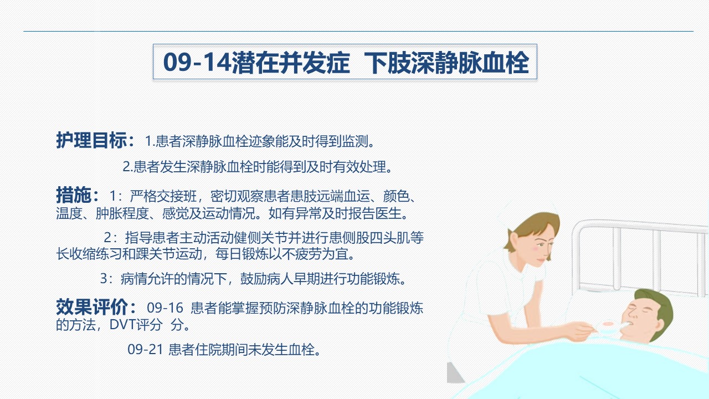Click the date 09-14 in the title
pyautogui.click(x=197, y=62)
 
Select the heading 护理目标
pyautogui.click(x=91, y=140)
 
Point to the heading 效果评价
pyautogui.click(x=91, y=306)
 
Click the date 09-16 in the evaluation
pyautogui.click(x=165, y=308)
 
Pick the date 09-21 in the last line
pyautogui.click(x=145, y=350)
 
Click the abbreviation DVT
pyautogui.click(x=122, y=325)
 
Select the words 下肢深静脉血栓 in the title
pyautogui.click(x=446, y=63)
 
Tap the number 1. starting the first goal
pyautogui.click(x=150, y=141)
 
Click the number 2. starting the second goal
pyautogui.click(x=127, y=167)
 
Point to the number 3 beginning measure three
pyautogui.click(x=104, y=279)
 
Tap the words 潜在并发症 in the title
pyautogui.click(x=291, y=63)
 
